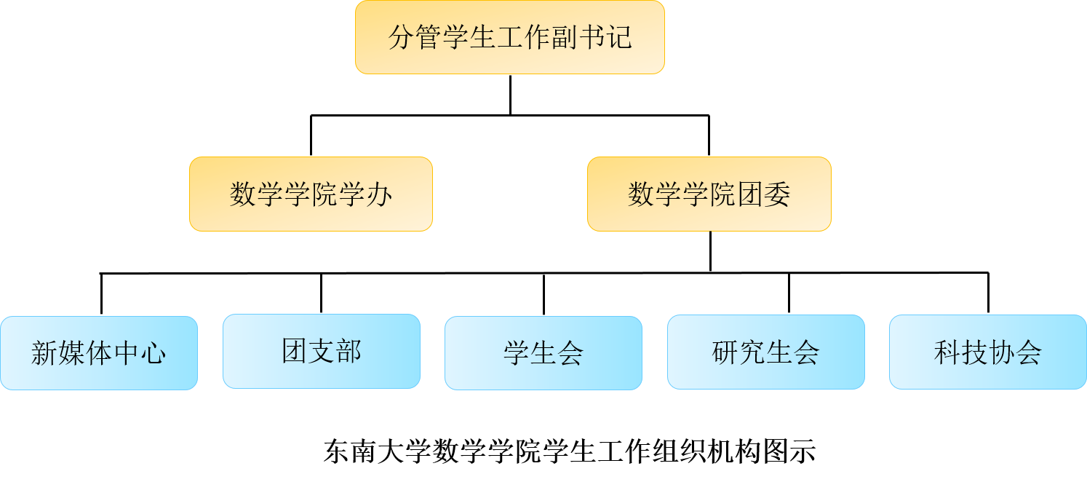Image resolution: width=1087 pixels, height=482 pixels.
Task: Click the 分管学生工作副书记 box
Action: [x=509, y=37]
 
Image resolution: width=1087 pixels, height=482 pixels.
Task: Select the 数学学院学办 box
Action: [x=311, y=194]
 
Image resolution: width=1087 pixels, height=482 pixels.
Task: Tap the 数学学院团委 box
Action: [x=709, y=194]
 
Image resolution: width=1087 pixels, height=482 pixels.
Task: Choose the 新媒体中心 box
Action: [x=99, y=353]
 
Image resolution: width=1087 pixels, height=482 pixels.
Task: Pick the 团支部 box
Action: [x=322, y=351]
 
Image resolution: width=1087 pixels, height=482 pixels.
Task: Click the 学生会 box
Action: [x=543, y=353]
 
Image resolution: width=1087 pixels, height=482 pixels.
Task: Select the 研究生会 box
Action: [x=765, y=352]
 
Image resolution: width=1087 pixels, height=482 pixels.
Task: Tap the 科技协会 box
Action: [x=987, y=352]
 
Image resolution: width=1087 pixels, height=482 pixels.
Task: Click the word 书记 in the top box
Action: [x=605, y=37]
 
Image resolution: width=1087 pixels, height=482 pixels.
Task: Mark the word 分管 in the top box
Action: [x=415, y=37]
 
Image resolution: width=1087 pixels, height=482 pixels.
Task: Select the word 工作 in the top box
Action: [x=510, y=37]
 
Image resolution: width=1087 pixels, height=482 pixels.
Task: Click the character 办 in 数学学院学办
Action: [x=379, y=194]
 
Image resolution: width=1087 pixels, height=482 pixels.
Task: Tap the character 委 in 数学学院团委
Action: [x=777, y=194]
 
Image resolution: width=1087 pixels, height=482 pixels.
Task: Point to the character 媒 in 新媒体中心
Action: [x=72, y=353]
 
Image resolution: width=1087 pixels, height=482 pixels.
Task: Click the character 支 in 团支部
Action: [x=322, y=351]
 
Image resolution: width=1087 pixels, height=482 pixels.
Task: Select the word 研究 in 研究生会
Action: [x=738, y=352]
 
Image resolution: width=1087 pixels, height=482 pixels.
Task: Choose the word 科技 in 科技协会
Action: [x=960, y=352]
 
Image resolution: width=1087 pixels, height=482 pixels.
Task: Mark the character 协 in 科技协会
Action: [x=1001, y=352]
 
